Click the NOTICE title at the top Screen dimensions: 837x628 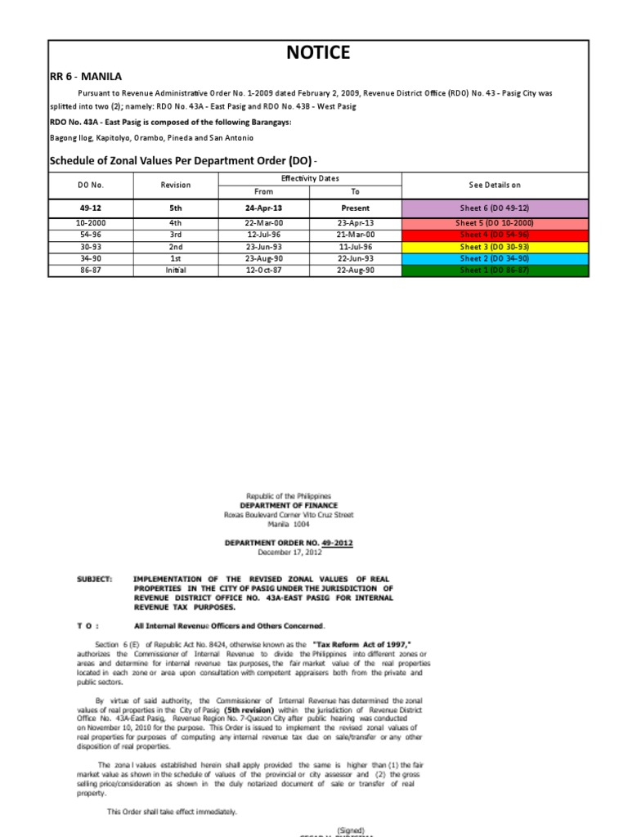pos(318,53)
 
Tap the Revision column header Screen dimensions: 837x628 pos(176,185)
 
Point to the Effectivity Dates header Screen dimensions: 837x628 pos(310,178)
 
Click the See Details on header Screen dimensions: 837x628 pos(494,185)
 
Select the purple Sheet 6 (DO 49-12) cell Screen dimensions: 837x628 pos(494,208)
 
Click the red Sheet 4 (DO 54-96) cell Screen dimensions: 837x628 pos(494,235)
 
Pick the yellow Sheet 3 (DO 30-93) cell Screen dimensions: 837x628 pos(494,247)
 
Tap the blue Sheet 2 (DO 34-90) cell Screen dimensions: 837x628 pos(494,258)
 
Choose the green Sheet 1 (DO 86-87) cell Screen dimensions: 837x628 pos(494,271)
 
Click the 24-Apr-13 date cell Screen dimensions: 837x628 pos(263,208)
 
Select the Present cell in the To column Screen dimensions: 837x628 pos(356,208)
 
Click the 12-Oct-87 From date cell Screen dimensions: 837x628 pos(263,271)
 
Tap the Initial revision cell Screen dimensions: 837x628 pos(176,271)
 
